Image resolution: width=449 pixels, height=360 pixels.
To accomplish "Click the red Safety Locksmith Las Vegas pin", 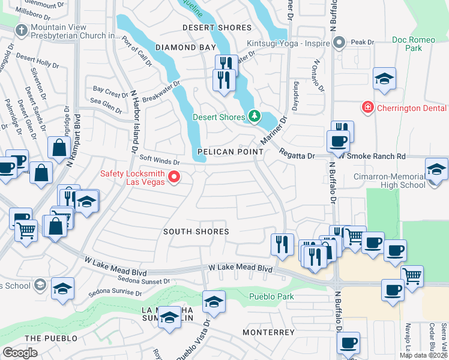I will coord(175,176).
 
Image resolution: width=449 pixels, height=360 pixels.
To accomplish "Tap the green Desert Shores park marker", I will coord(255,116).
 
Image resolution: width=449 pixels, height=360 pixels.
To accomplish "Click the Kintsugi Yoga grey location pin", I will coord(339,43).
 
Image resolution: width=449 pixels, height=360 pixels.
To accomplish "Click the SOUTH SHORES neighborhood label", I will coord(196,232).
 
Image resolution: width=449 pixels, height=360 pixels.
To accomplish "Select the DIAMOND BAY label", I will coord(185,47).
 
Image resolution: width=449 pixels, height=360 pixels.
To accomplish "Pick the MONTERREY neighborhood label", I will coord(268,332).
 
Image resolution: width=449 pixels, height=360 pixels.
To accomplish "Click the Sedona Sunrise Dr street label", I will coord(115,293).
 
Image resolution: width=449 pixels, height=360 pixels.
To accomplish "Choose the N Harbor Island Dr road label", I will coord(133,120).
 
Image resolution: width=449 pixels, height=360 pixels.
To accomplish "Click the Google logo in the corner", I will coord(20,352).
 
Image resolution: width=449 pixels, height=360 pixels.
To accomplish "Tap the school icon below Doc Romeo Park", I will coord(384,79).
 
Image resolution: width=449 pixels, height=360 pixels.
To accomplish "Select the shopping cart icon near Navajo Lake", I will coord(412,277).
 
